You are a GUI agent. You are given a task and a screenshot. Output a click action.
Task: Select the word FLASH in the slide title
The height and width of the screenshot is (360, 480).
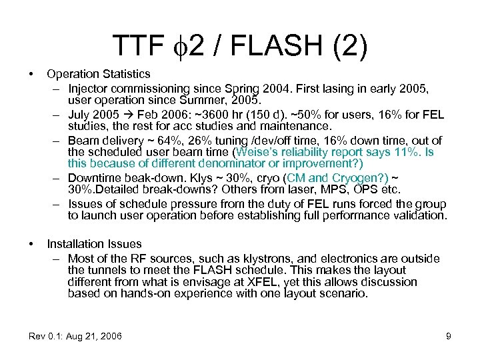click(280, 46)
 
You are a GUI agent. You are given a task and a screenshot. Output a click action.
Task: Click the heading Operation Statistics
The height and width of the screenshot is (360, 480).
click(99, 74)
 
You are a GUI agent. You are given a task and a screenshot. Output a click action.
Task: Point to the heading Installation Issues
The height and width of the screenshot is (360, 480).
click(94, 245)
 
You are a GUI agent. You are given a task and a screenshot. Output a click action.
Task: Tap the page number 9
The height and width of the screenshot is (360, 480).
click(449, 336)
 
